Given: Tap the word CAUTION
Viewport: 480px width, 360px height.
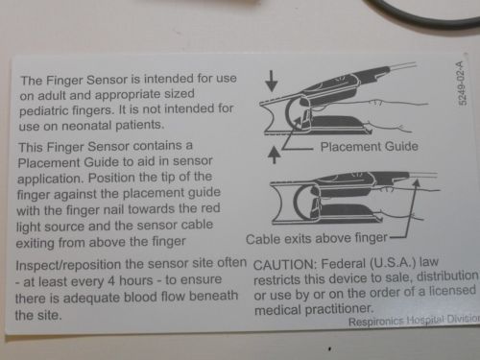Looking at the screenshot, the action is click(284, 265).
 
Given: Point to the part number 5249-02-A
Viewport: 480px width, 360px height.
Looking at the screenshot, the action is click(462, 83).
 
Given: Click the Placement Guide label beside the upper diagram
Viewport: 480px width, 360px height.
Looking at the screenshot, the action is click(370, 147).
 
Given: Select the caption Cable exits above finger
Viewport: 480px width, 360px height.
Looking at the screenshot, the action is click(317, 239).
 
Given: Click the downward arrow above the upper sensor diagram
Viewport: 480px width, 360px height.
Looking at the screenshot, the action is click(272, 81).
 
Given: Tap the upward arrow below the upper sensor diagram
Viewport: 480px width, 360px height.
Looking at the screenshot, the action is click(274, 155).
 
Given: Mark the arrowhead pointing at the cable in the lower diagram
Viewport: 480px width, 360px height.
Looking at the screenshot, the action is click(416, 183).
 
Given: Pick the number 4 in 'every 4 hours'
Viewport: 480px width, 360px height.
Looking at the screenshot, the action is click(111, 281).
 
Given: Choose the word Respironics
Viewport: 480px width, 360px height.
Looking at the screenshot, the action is click(376, 322).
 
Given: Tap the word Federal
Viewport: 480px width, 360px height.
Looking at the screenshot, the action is click(343, 264).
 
